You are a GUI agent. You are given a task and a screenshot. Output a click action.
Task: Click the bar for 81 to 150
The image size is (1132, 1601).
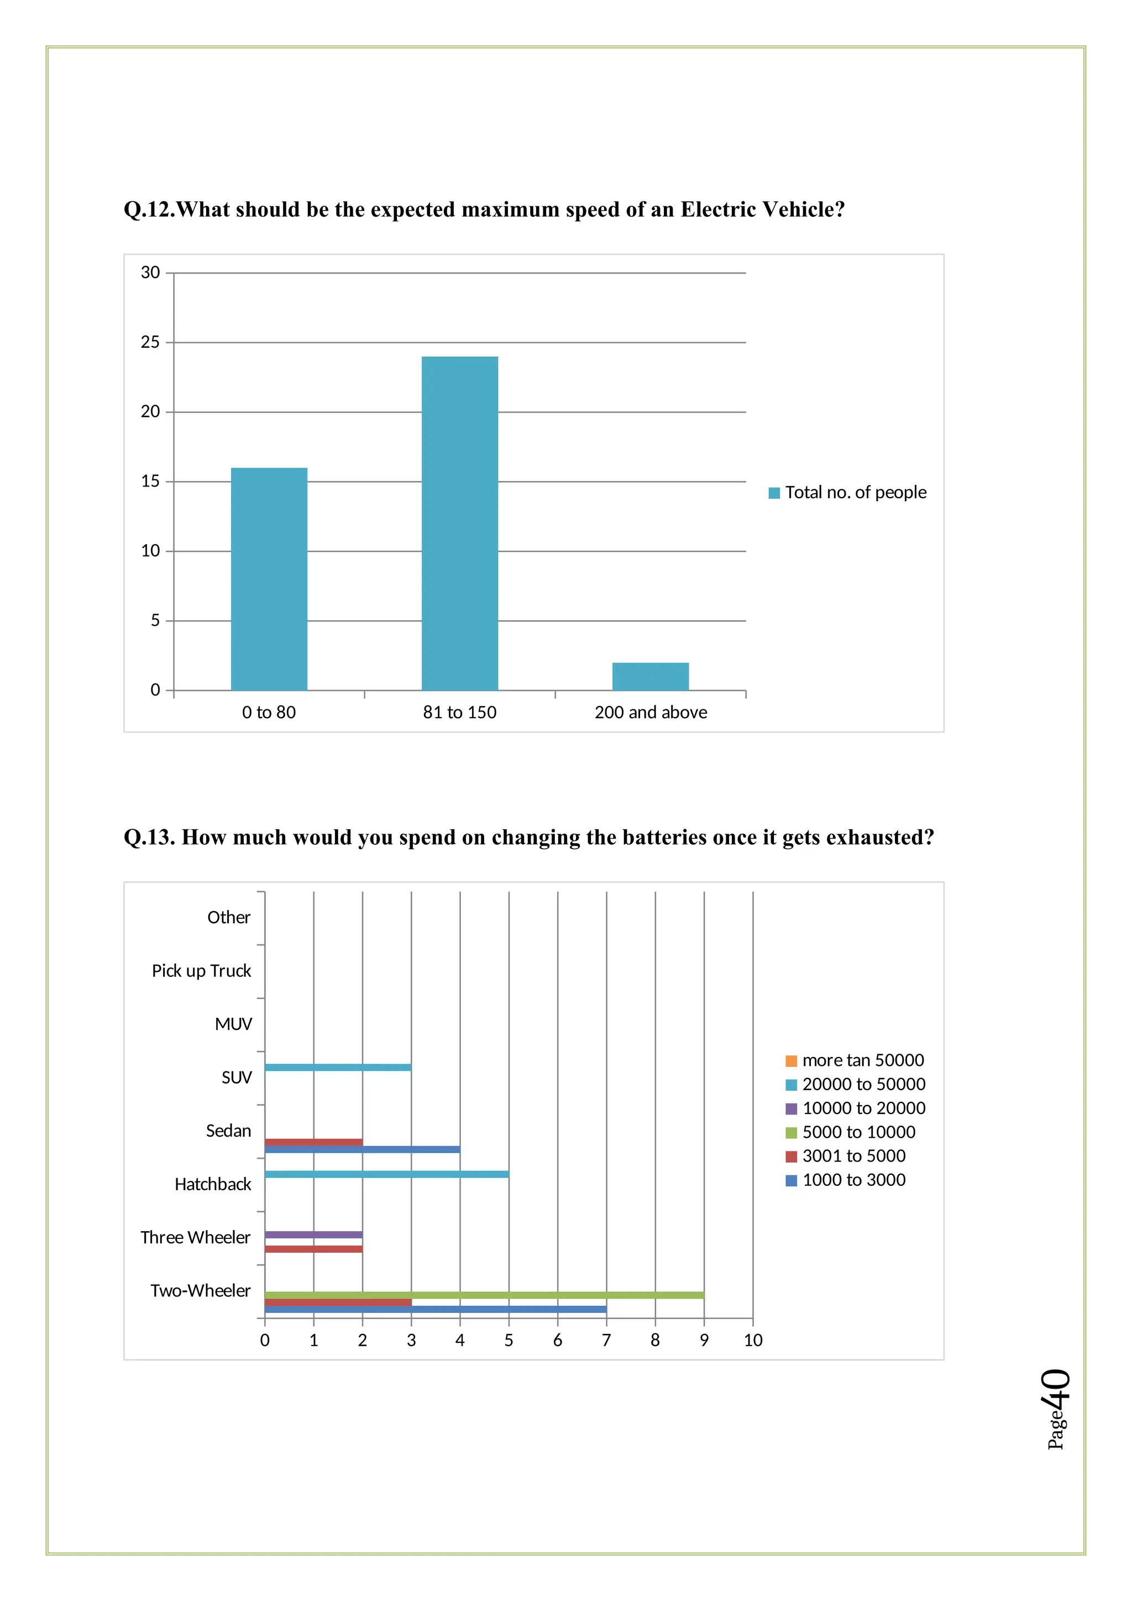click(459, 523)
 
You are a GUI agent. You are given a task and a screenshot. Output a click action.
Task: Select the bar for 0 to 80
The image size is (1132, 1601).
click(269, 579)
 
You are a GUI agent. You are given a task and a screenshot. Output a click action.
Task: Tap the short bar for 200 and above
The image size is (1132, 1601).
click(651, 676)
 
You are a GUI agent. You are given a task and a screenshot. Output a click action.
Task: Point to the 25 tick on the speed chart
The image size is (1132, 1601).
click(150, 342)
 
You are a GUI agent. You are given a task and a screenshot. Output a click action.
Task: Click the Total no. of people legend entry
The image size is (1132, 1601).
click(847, 492)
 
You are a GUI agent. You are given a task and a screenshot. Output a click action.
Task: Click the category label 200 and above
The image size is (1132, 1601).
click(651, 712)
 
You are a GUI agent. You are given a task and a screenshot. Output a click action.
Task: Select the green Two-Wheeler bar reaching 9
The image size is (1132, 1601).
click(484, 1295)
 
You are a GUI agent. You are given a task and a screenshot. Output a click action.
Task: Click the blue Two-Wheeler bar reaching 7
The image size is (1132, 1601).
click(436, 1310)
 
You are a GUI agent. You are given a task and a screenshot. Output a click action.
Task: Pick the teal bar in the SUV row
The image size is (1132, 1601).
click(338, 1067)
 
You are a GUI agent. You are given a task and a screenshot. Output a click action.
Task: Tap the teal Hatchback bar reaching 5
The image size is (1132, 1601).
click(387, 1174)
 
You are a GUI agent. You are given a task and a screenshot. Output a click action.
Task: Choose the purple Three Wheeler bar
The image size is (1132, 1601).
click(313, 1234)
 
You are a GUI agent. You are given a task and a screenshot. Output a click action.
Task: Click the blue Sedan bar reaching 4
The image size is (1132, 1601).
click(363, 1149)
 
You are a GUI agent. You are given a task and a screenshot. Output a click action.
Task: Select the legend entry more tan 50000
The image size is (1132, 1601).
click(855, 1060)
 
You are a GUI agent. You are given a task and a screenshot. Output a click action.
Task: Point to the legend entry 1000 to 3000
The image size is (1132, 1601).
click(846, 1180)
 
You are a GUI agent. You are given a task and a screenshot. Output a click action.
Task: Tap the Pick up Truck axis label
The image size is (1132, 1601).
click(201, 971)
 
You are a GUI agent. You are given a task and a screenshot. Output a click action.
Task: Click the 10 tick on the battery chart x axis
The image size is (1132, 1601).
click(753, 1340)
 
